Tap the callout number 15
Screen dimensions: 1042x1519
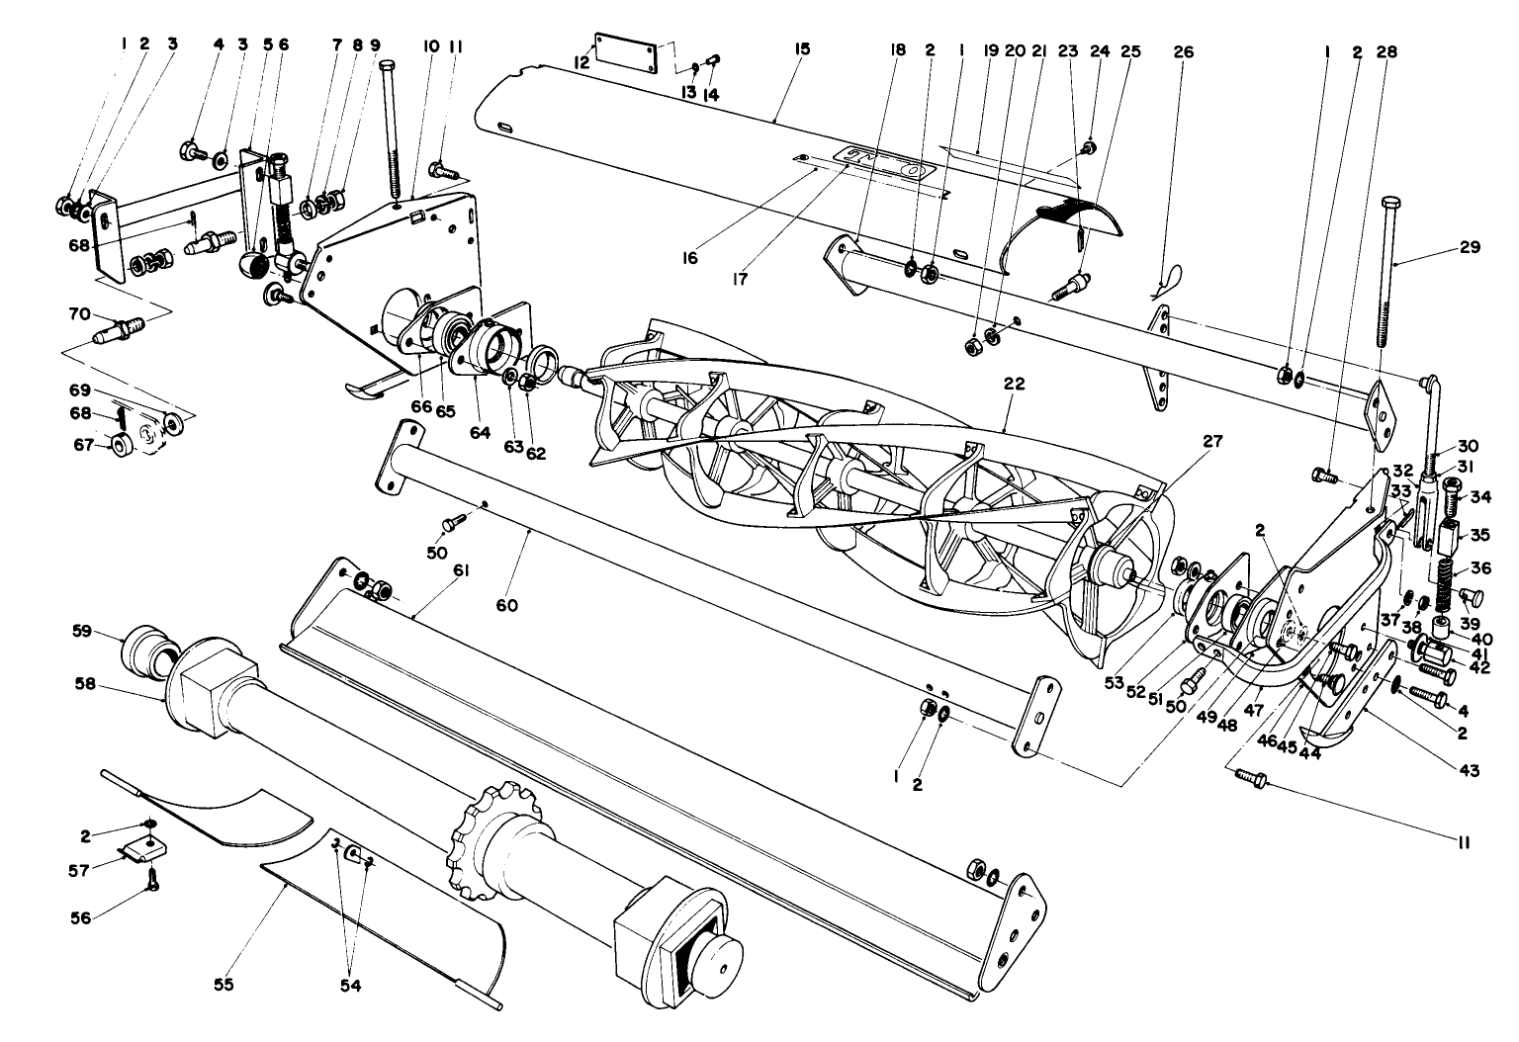[x=801, y=47]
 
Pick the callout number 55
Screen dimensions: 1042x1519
[x=223, y=985]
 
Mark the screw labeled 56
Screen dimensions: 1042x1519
[x=151, y=886]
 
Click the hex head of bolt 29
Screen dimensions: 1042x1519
[x=1386, y=205]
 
